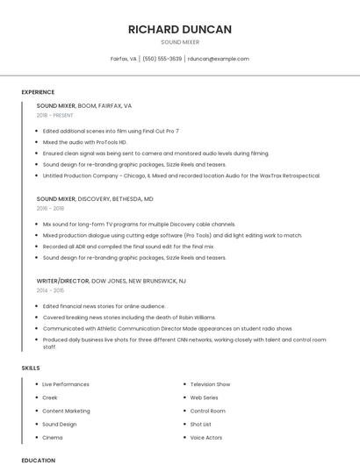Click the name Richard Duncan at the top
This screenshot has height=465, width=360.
tap(179, 29)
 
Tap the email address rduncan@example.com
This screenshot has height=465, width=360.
tap(219, 59)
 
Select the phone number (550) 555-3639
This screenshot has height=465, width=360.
tap(162, 59)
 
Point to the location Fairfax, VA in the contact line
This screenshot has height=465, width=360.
tap(123, 59)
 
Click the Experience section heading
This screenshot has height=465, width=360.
tap(38, 92)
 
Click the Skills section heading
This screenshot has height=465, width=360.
tap(30, 368)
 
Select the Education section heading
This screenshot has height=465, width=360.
tap(38, 460)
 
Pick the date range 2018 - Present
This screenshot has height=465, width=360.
tap(55, 115)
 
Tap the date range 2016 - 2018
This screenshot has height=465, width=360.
tap(50, 208)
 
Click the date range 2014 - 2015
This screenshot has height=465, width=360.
tap(50, 290)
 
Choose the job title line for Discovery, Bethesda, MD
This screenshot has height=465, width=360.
tap(95, 199)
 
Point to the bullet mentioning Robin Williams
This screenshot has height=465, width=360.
tap(128, 317)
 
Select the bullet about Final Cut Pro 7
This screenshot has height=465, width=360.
tap(111, 131)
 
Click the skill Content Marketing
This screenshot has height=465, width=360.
tap(66, 411)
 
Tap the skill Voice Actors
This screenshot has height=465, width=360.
tap(206, 437)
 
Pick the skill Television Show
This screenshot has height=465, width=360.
tap(210, 384)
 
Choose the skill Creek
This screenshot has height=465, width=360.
tap(50, 397)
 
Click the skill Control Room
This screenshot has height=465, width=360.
tap(207, 411)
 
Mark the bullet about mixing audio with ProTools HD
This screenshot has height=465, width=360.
tap(84, 142)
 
